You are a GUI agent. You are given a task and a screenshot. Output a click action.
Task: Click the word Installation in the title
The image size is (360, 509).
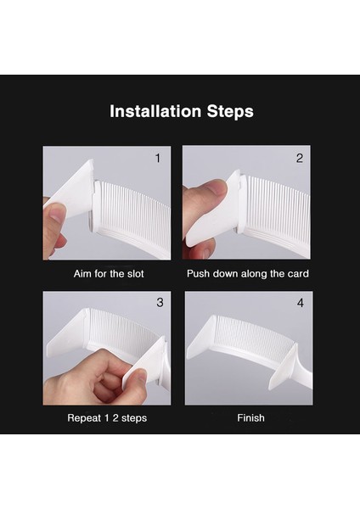click(155, 111)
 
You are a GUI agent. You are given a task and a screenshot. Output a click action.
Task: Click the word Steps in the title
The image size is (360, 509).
click(230, 112)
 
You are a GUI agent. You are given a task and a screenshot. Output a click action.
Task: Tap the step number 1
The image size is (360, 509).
click(158, 159)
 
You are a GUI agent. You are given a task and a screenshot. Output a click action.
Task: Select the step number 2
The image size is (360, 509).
click(300, 159)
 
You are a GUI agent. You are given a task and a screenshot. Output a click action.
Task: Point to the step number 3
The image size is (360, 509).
click(160, 303)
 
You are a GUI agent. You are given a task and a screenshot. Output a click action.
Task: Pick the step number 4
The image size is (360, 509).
click(301, 303)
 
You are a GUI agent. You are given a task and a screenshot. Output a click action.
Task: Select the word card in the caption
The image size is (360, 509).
click(298, 274)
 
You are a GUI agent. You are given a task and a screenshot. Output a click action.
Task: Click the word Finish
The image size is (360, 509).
click(250, 417)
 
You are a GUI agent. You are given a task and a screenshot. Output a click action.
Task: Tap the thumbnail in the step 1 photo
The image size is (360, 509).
click(58, 210)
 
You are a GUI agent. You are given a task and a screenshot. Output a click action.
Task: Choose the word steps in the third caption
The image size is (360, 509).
click(134, 418)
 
